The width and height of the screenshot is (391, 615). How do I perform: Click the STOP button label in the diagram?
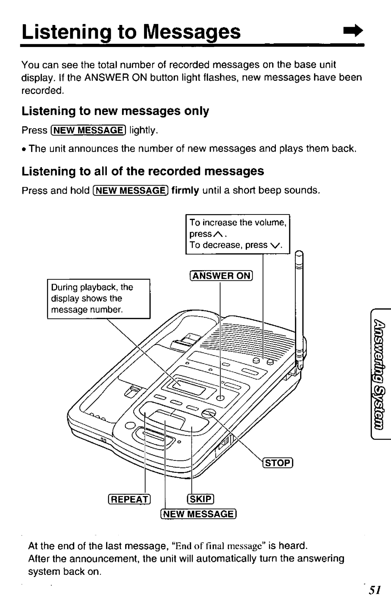(x=278, y=463)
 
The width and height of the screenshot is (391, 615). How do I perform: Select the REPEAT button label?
(x=129, y=499)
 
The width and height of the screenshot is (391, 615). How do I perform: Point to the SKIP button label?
(x=200, y=499)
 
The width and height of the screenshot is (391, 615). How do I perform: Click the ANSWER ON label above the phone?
(x=221, y=276)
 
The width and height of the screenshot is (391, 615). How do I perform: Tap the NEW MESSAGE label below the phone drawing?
(x=198, y=514)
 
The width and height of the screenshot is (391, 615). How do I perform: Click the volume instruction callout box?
(x=238, y=234)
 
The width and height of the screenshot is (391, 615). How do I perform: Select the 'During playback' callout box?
(x=98, y=299)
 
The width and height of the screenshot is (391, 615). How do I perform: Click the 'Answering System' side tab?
(x=381, y=374)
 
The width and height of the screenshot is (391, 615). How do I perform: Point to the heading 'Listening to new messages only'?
(x=115, y=111)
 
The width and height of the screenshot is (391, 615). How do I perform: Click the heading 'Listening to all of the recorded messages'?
(x=143, y=171)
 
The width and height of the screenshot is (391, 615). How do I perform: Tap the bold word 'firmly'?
(x=185, y=190)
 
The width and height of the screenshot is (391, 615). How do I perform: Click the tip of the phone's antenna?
(x=299, y=253)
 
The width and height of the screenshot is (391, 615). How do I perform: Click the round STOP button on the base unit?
(x=209, y=414)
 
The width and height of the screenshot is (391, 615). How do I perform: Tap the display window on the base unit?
(x=189, y=389)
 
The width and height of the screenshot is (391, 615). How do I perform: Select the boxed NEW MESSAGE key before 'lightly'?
(x=88, y=130)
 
